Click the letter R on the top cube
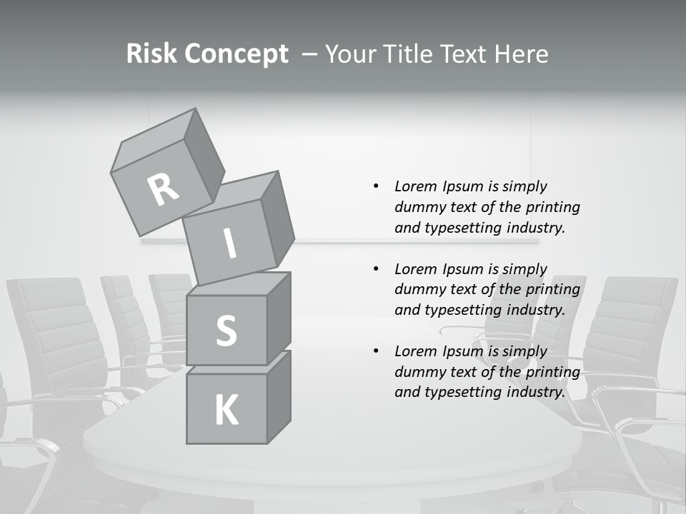164,189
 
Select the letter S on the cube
226,331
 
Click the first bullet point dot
376,186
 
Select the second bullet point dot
376,269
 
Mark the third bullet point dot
376,351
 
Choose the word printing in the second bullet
552,289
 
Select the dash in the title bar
309,54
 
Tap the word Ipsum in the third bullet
462,351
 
